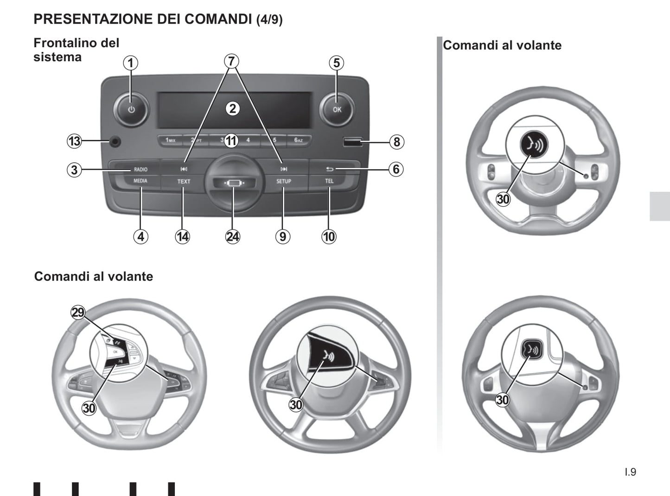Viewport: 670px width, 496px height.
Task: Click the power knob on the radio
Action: [x=131, y=110]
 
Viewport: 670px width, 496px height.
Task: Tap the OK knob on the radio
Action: [x=337, y=109]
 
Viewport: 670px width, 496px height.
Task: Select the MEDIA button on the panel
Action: [x=140, y=181]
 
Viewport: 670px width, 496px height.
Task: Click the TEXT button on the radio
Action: [x=184, y=182]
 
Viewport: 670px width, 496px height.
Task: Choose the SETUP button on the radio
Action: [x=283, y=181]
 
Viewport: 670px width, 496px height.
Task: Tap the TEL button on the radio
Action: [x=329, y=181]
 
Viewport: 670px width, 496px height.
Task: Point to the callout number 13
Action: [x=74, y=141]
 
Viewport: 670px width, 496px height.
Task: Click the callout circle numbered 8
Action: [x=396, y=141]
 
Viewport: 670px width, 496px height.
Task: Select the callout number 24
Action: [x=233, y=237]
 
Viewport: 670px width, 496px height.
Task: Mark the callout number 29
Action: [x=78, y=312]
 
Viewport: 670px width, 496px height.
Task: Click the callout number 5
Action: [x=337, y=63]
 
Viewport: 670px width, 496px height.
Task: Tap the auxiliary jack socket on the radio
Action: [x=113, y=141]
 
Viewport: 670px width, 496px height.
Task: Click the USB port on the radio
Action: [x=352, y=141]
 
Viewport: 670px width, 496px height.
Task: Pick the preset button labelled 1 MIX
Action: [x=170, y=140]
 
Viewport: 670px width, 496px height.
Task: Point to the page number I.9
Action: [x=630, y=472]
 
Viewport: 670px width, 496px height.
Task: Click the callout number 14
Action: [x=183, y=237]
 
